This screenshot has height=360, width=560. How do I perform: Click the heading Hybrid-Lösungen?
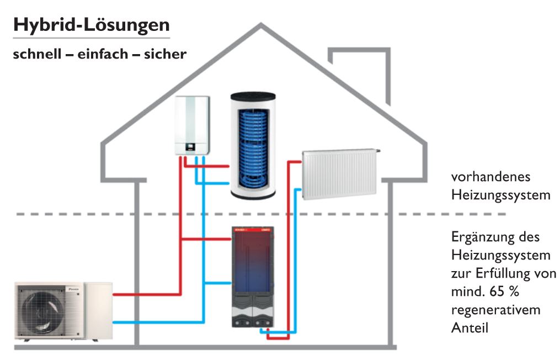tap(91, 25)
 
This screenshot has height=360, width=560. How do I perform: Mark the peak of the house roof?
tap(263, 25)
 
